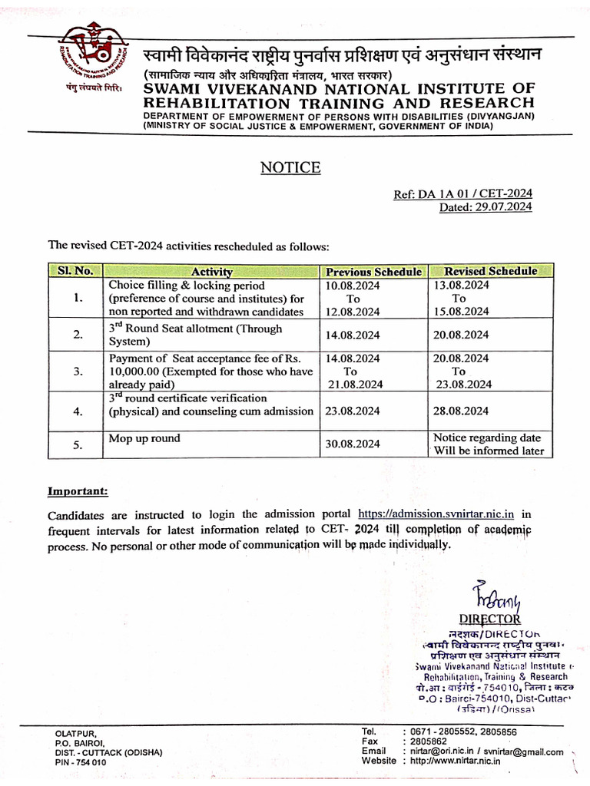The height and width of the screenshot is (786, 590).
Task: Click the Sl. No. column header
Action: coord(75,271)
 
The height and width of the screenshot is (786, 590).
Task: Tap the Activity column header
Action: coord(211,272)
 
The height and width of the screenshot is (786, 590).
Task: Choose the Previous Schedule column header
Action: coord(373,272)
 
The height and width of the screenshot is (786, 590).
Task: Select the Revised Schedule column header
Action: coord(490,271)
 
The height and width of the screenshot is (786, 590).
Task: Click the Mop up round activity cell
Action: coord(144,438)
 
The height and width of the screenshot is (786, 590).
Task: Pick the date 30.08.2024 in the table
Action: coord(353,444)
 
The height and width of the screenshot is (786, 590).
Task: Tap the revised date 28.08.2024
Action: coord(461,411)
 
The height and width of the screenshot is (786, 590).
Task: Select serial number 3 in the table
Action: coord(77,371)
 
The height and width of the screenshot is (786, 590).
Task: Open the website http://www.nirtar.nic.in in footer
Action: coord(455,761)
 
